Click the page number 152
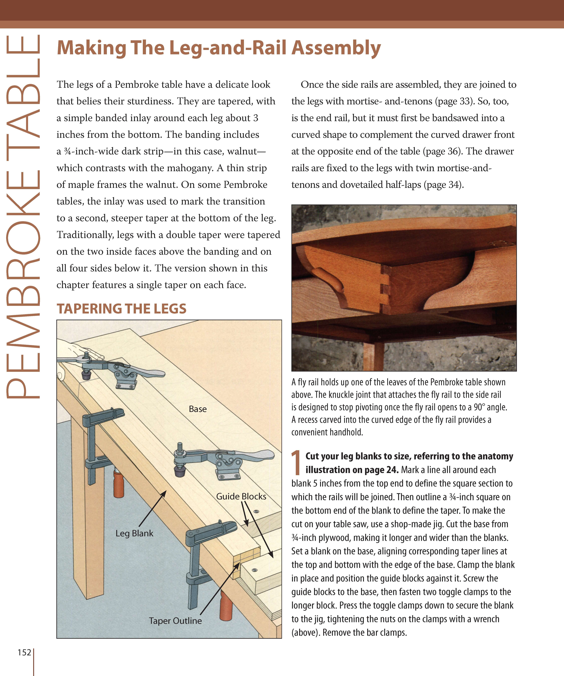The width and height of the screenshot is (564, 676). pyautogui.click(x=24, y=652)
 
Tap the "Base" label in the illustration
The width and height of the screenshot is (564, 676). pyautogui.click(x=198, y=409)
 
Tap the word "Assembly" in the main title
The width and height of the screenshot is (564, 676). pyautogui.click(x=336, y=48)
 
